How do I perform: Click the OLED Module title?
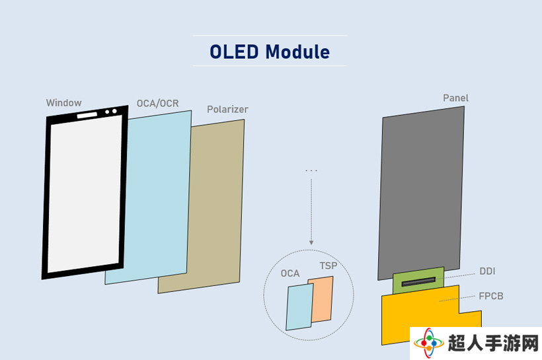pyautogui.click(x=270, y=52)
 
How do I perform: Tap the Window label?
pyautogui.click(x=64, y=102)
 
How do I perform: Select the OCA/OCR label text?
pyautogui.click(x=157, y=103)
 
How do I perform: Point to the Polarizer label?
pyautogui.click(x=227, y=109)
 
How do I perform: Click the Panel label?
pyautogui.click(x=455, y=98)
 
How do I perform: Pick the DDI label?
pyautogui.click(x=487, y=271)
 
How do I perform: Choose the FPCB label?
pyautogui.click(x=491, y=296)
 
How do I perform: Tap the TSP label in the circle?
pyautogui.click(x=329, y=266)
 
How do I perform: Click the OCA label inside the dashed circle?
pyautogui.click(x=290, y=273)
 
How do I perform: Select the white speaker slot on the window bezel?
pyautogui.click(x=87, y=115)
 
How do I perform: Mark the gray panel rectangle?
pyautogui.click(x=421, y=193)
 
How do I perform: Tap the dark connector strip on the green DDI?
pyautogui.click(x=418, y=282)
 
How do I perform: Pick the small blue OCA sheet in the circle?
pyautogui.click(x=299, y=306)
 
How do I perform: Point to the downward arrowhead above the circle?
pyautogui.click(x=311, y=242)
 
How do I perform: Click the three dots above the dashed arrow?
pyautogui.click(x=311, y=170)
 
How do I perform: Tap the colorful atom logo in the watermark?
pyautogui.click(x=428, y=343)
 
